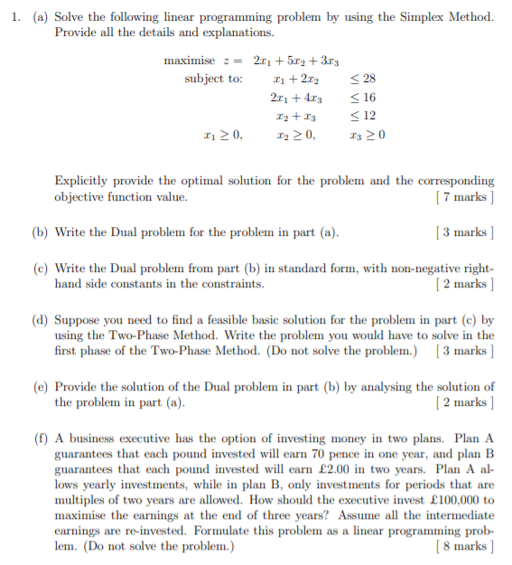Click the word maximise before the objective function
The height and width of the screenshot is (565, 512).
(x=189, y=61)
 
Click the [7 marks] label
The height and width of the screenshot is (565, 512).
(x=464, y=196)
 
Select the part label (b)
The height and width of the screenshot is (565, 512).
(x=41, y=232)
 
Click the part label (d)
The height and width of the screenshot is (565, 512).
(x=41, y=320)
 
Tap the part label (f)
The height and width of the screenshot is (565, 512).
(x=41, y=438)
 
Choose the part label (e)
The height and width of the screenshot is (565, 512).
(x=41, y=388)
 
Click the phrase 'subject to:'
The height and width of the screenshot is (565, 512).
(x=214, y=79)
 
